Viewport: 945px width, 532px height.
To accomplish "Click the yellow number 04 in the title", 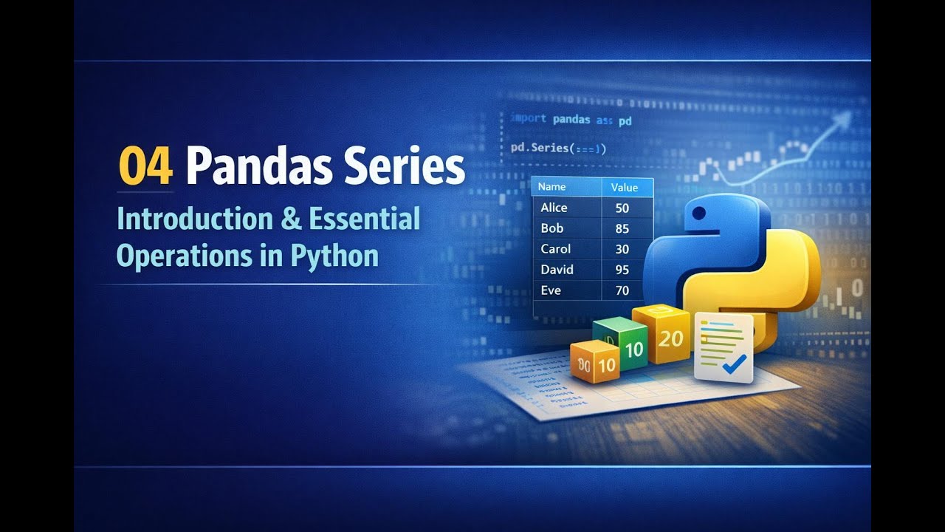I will [x=145, y=168].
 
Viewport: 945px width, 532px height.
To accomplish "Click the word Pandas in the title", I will [x=253, y=168].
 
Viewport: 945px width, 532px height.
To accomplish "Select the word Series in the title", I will [x=399, y=168].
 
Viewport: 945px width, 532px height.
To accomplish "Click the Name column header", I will [x=551, y=188].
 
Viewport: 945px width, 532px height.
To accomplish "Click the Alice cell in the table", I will [x=554, y=208].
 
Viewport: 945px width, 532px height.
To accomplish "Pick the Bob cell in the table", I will [x=551, y=228].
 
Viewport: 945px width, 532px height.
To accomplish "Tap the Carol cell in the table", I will [x=555, y=249].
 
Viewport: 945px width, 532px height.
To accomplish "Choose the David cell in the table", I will [x=557, y=270].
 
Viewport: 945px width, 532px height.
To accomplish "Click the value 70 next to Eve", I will [x=622, y=290].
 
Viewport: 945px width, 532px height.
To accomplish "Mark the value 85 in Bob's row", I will [x=622, y=229].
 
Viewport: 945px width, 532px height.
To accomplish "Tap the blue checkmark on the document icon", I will [x=734, y=363].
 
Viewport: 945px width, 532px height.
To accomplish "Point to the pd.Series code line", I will [x=558, y=149].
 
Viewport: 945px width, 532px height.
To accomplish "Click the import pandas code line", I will [x=571, y=119].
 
